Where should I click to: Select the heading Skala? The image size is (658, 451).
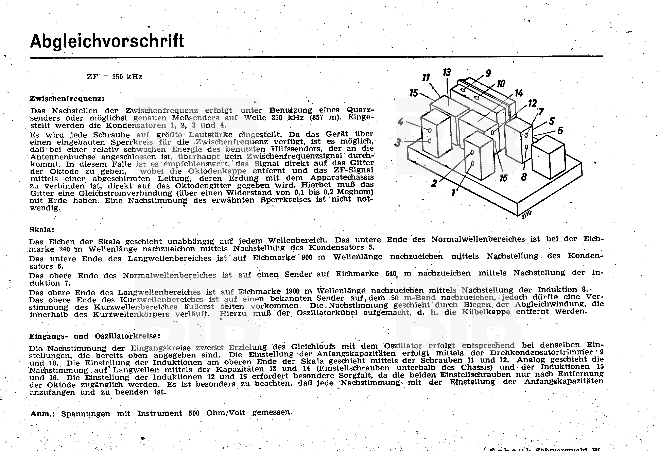click(x=42, y=230)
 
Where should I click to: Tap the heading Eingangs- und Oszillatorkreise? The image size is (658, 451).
click(x=94, y=336)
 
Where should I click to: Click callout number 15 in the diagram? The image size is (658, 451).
click(x=414, y=93)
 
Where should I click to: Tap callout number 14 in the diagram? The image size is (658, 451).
click(x=519, y=93)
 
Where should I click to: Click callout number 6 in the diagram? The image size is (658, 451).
click(x=560, y=131)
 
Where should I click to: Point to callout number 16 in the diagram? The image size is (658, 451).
click(x=503, y=178)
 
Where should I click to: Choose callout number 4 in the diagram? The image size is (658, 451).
click(x=400, y=122)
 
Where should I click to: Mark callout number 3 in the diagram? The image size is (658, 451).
click(x=398, y=143)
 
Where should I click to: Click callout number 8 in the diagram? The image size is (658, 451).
click(x=524, y=177)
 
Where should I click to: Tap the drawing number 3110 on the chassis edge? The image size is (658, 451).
click(x=526, y=215)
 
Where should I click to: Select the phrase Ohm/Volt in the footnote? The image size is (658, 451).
click(x=226, y=413)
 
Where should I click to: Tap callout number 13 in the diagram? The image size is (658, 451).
click(x=447, y=72)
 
